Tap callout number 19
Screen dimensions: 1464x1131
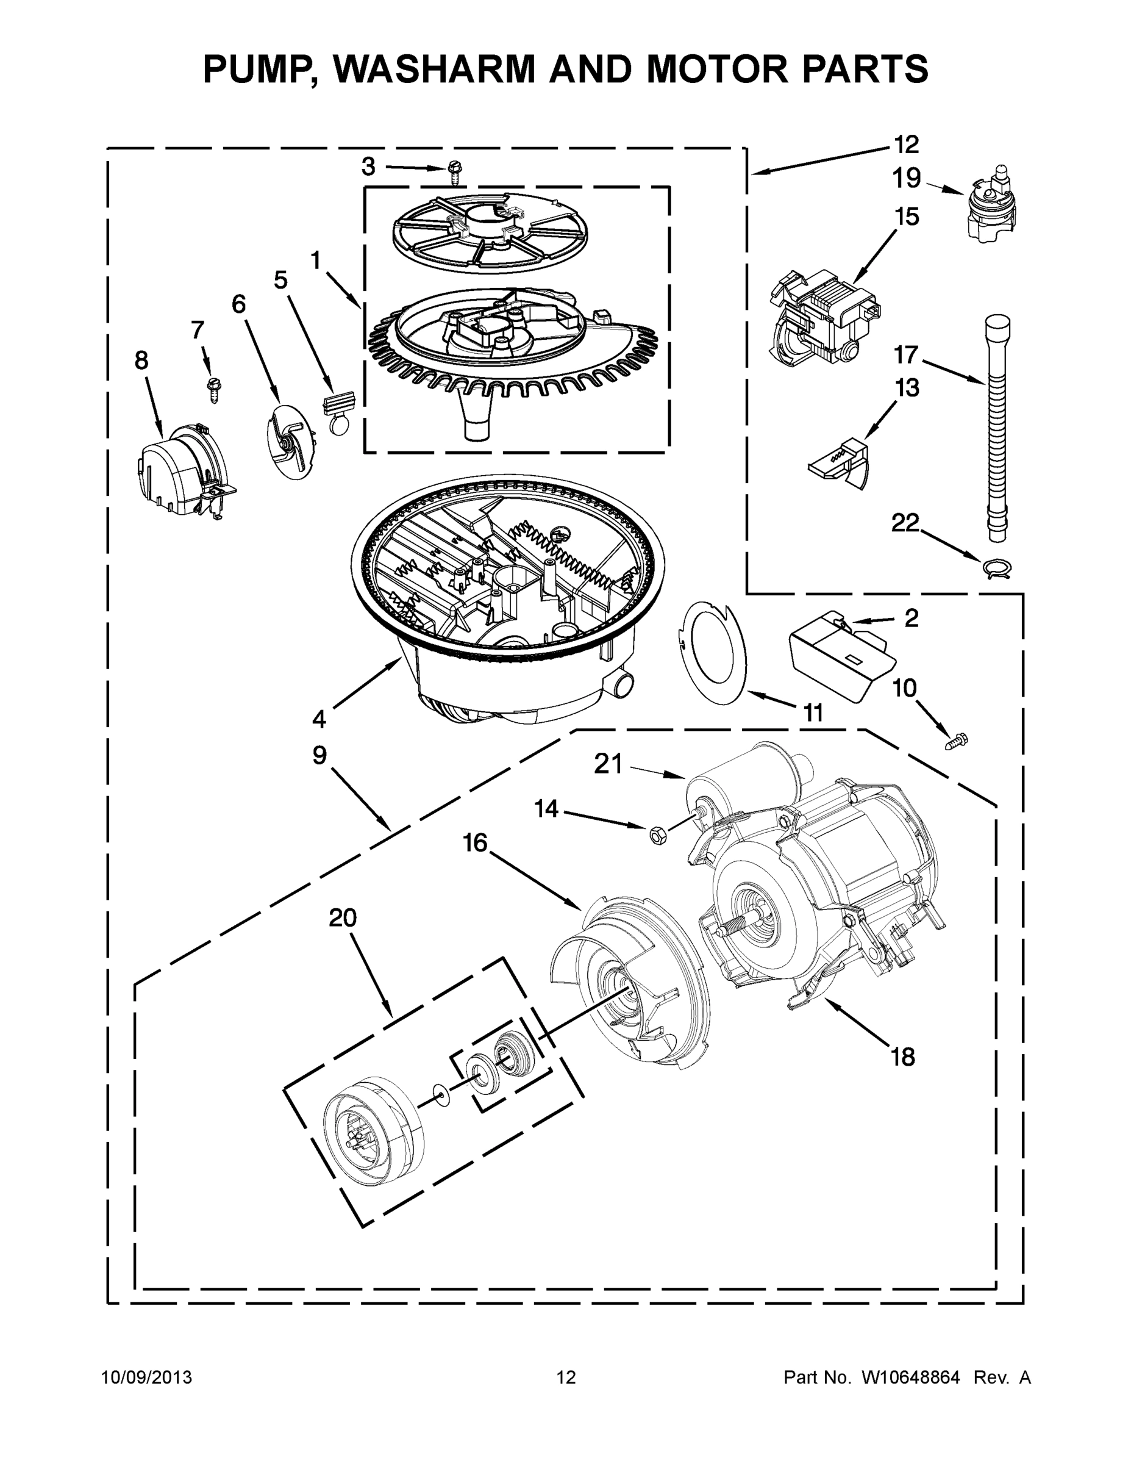coord(906,178)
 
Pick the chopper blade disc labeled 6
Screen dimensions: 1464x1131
coord(290,441)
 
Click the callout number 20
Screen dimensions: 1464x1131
coord(343,917)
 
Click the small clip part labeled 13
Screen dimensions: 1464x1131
coord(840,462)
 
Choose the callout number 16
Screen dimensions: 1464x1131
coord(475,843)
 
